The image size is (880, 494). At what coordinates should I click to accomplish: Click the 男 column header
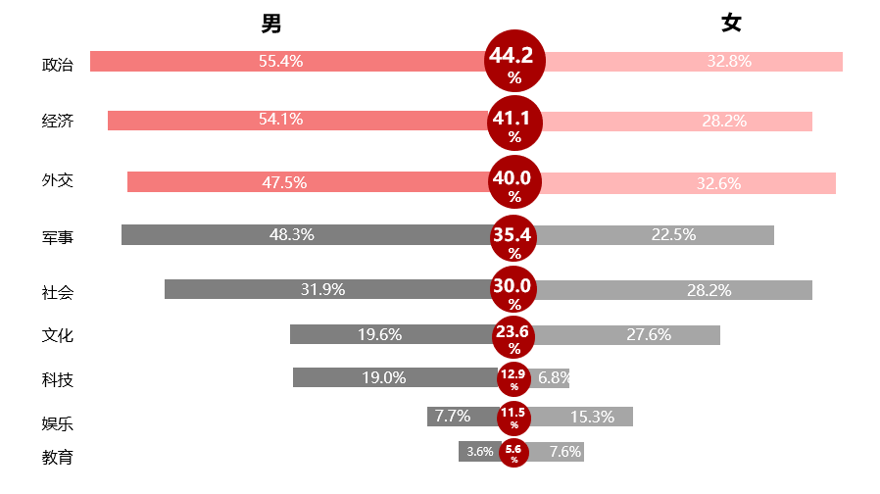click(271, 24)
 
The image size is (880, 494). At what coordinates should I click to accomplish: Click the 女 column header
click(731, 24)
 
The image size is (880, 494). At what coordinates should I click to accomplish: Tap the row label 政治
click(58, 66)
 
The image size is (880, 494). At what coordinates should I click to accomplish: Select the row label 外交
click(58, 180)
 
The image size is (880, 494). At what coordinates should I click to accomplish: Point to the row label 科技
click(58, 380)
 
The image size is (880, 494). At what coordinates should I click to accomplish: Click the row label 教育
click(58, 457)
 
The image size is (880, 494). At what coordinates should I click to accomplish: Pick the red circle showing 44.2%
click(515, 62)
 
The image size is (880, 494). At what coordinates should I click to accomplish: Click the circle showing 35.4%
click(514, 238)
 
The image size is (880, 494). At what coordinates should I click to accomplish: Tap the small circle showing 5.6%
click(514, 452)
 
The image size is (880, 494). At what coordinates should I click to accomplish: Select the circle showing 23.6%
click(514, 335)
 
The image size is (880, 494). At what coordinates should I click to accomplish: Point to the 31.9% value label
click(322, 289)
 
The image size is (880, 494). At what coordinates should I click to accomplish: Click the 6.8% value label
click(554, 378)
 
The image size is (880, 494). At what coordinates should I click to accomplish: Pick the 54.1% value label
click(280, 121)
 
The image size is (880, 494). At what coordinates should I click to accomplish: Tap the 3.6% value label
click(480, 452)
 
